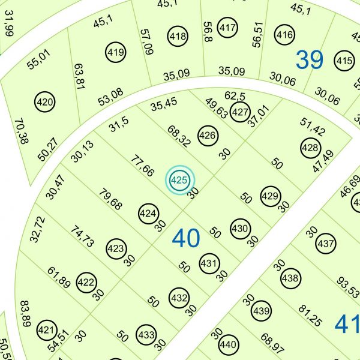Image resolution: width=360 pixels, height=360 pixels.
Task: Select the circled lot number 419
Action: [116, 52]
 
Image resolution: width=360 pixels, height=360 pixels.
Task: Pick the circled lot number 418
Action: [178, 36]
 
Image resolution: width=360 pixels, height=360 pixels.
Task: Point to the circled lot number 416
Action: [285, 35]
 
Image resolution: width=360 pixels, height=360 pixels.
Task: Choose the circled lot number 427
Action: [240, 112]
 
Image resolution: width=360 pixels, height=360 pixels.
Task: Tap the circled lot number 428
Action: [310, 148]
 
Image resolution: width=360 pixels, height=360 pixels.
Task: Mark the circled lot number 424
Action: [148, 214]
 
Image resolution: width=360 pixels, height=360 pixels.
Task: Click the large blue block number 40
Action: [186, 239]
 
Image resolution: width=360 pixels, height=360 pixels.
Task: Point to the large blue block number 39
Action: [310, 60]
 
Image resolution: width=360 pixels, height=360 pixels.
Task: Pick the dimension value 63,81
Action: [78, 76]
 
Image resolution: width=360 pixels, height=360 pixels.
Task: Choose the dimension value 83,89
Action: [25, 314]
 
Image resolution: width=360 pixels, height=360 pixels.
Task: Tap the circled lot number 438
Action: [290, 278]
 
